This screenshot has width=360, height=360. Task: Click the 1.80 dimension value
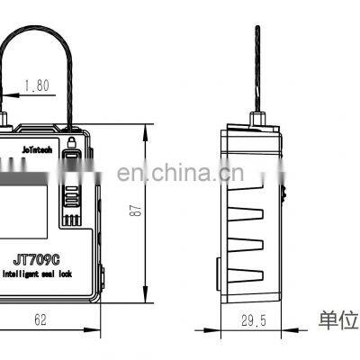[x=36, y=87]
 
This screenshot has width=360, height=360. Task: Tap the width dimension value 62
[x=40, y=317]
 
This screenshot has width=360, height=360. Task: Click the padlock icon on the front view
[x=72, y=141]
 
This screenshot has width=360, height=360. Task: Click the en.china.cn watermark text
[x=180, y=174]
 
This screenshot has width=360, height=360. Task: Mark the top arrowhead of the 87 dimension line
[x=147, y=128]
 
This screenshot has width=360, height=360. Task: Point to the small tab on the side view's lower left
[x=218, y=267]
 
